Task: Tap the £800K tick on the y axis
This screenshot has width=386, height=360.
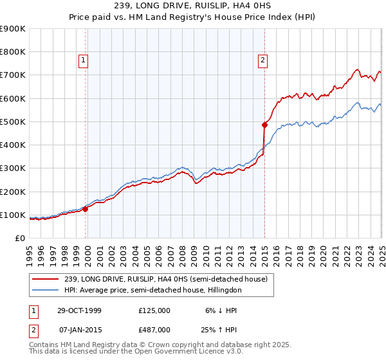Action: [13, 52]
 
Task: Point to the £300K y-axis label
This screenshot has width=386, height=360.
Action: [13, 168]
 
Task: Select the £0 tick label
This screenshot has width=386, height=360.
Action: [21, 239]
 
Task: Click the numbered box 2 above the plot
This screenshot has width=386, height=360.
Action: [263, 61]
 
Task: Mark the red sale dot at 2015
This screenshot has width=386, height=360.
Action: [264, 125]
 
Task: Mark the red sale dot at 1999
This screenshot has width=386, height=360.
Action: [86, 209]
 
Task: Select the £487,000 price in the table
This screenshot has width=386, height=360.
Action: [154, 330]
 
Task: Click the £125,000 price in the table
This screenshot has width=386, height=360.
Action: [154, 310]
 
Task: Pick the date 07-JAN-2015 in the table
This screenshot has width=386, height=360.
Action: [80, 330]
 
